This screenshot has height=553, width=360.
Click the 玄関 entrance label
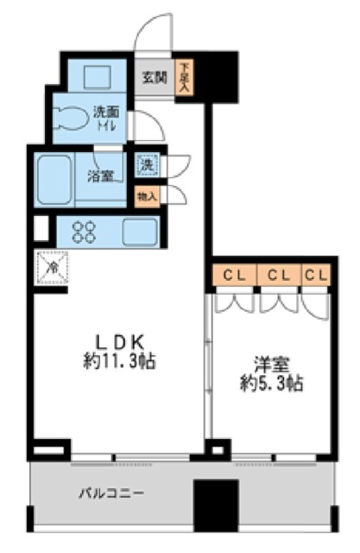(155, 76)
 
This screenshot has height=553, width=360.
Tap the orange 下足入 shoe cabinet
(184, 79)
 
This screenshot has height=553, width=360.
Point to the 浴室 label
(100, 177)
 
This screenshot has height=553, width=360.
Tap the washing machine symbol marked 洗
(148, 164)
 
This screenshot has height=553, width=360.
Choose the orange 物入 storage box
(148, 197)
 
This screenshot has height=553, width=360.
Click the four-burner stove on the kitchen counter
(85, 232)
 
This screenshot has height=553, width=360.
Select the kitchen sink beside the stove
(138, 232)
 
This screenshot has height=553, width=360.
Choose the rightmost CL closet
(316, 276)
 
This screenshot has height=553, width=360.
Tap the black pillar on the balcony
(214, 505)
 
